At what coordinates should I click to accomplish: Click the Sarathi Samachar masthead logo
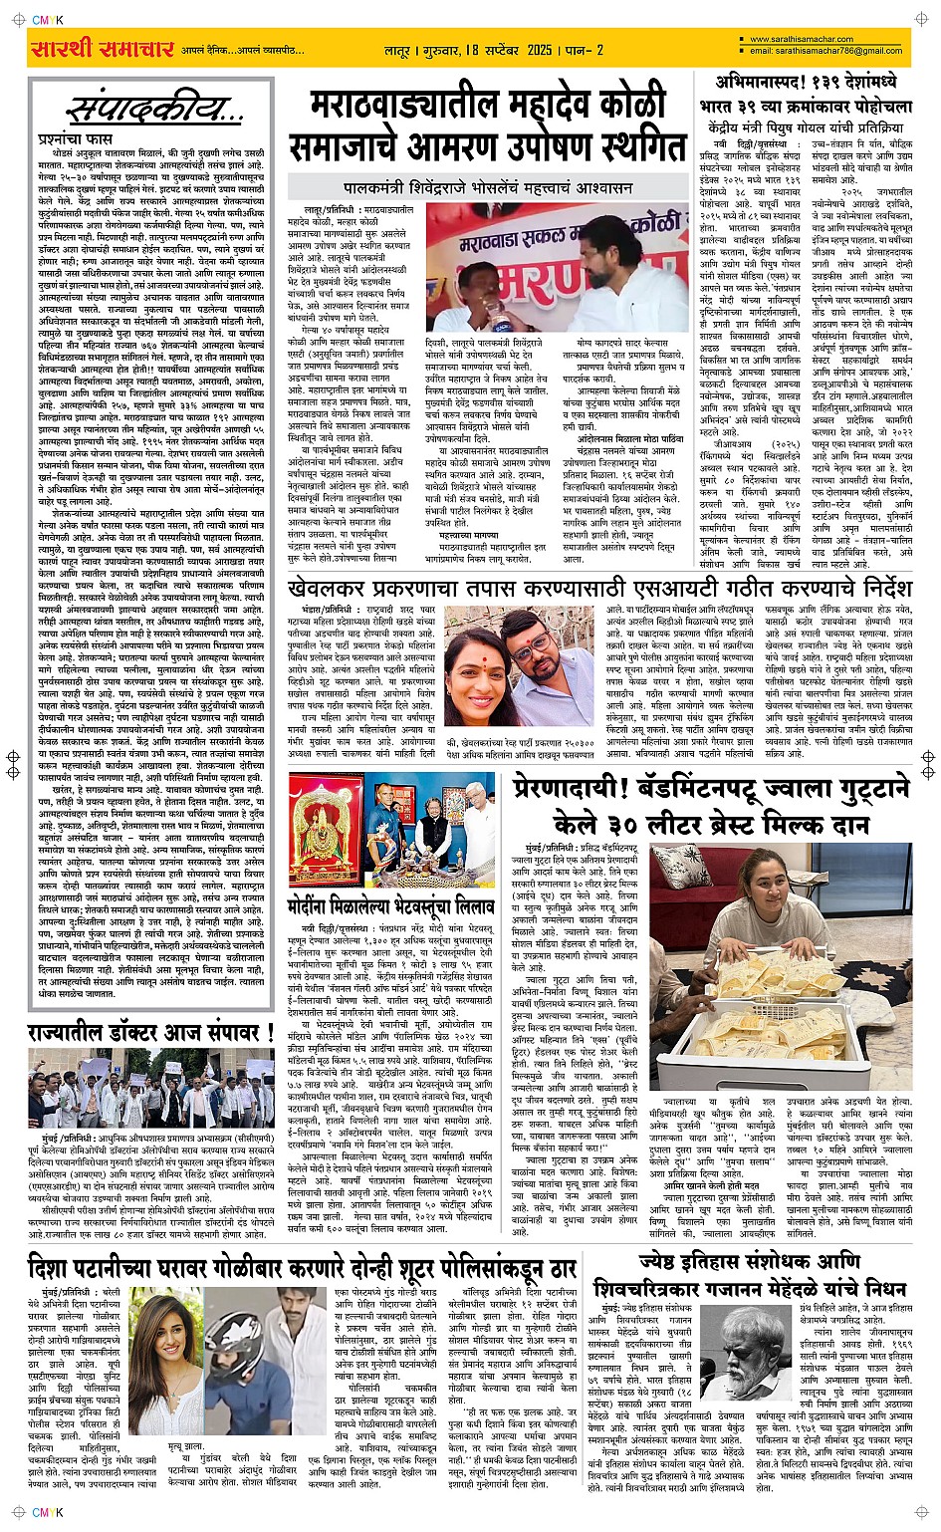click(103, 49)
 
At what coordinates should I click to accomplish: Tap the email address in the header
click(825, 51)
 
